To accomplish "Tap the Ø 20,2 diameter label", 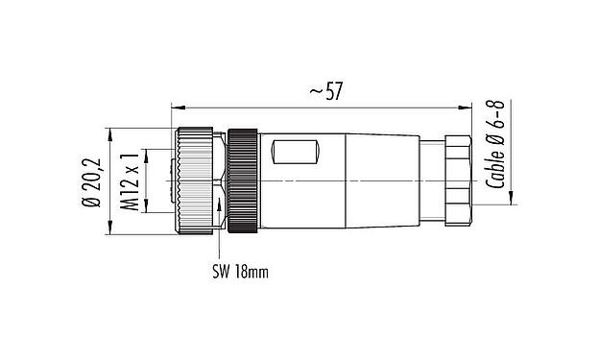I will [x=92, y=180].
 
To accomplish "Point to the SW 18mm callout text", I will [x=239, y=272].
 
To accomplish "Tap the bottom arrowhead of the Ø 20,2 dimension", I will [x=105, y=230].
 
